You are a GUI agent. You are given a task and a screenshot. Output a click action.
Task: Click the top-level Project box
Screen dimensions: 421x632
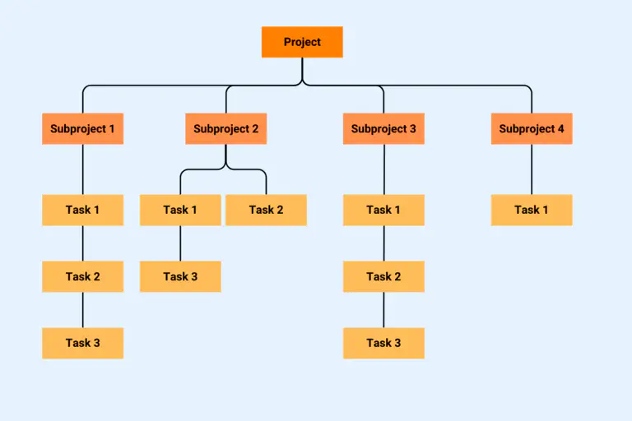point(302,42)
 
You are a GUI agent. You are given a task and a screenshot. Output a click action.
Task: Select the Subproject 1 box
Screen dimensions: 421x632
point(82,129)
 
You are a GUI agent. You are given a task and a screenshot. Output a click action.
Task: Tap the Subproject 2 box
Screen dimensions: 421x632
point(225,129)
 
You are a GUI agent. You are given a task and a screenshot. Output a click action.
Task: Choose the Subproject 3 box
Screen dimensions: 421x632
point(383,129)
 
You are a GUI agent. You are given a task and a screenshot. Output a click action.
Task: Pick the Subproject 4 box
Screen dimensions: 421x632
point(532,129)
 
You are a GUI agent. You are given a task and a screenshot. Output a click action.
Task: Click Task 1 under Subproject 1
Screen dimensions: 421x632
point(82,210)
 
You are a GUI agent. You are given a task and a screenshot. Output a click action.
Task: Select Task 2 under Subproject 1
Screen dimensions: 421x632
point(82,276)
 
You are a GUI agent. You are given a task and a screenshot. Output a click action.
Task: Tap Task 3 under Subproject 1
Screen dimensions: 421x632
point(82,343)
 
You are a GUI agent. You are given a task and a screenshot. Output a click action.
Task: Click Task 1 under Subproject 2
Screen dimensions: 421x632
point(180,210)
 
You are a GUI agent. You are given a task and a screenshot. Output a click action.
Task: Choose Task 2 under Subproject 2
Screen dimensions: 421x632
point(266,210)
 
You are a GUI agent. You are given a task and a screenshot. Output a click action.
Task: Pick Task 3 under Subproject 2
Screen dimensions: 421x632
point(180,276)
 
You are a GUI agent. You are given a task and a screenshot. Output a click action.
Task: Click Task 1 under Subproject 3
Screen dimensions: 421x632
point(383,210)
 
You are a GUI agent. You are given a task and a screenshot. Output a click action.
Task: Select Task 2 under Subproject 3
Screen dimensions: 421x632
point(383,276)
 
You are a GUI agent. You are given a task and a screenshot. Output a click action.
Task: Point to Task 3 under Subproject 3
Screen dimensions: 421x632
point(383,343)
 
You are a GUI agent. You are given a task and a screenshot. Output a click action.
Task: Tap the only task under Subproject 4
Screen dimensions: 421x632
point(532,210)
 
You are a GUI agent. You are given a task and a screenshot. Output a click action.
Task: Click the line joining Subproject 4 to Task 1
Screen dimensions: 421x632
point(532,169)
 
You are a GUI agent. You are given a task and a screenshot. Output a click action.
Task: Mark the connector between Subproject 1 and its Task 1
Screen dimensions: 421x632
point(82,169)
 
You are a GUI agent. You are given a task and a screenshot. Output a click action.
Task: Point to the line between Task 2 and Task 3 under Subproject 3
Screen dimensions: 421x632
point(383,310)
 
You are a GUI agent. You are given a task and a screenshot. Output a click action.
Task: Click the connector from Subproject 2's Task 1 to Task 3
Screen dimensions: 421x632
point(180,243)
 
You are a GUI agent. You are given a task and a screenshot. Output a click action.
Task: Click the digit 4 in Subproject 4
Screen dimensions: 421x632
point(560,129)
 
